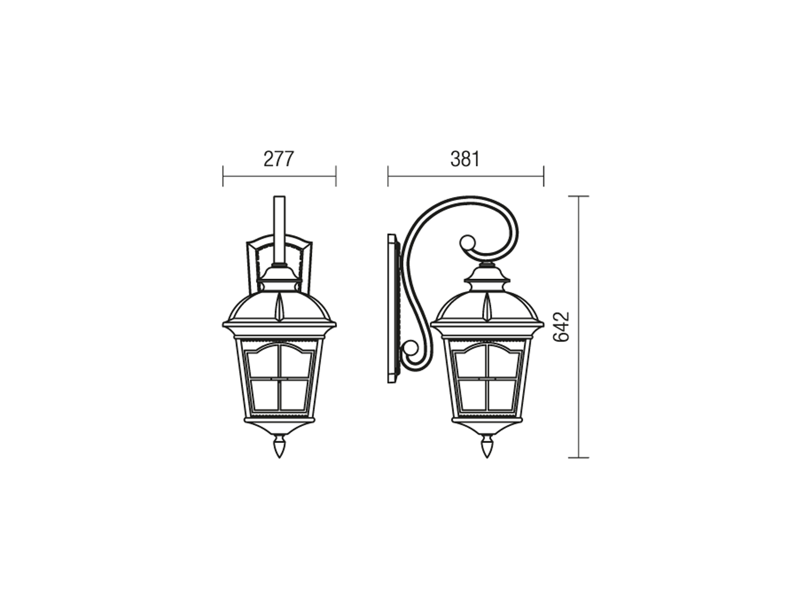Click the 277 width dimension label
(279, 159)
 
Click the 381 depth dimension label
(465, 159)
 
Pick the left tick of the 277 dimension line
(223, 176)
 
